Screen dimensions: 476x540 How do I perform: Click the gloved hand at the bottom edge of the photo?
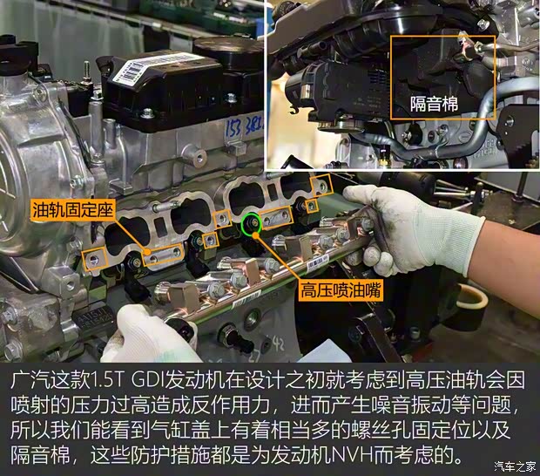148,336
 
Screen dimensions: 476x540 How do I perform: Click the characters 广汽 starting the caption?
29,382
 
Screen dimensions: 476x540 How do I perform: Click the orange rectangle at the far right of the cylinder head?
323,187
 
